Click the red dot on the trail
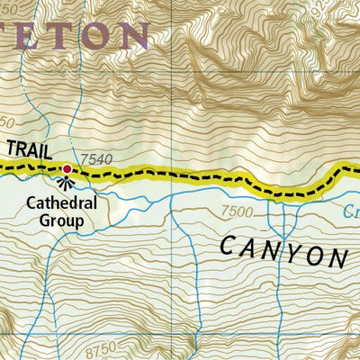point(67,168)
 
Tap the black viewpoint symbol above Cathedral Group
point(67,183)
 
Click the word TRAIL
point(31,150)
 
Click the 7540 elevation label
point(96,159)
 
